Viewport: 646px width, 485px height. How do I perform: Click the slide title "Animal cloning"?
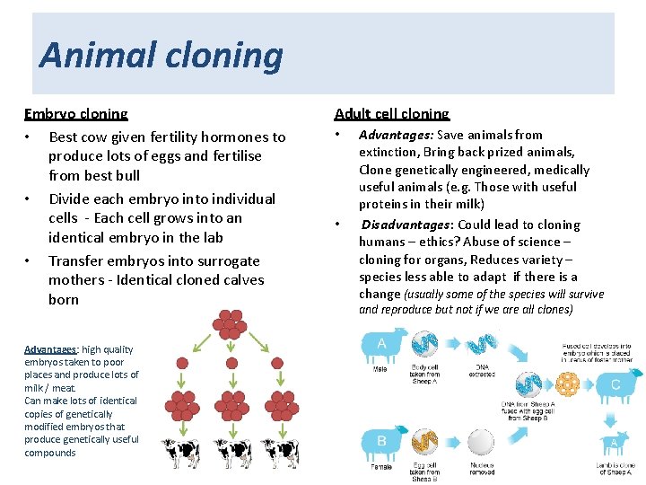point(161,56)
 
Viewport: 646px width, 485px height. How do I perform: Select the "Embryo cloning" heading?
point(76,114)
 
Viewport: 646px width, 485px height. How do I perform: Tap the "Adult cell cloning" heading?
point(392,114)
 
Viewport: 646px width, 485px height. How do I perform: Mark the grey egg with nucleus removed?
point(480,442)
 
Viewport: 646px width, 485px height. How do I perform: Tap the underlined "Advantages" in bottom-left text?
point(50,349)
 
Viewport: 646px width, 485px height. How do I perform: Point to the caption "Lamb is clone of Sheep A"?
point(615,468)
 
